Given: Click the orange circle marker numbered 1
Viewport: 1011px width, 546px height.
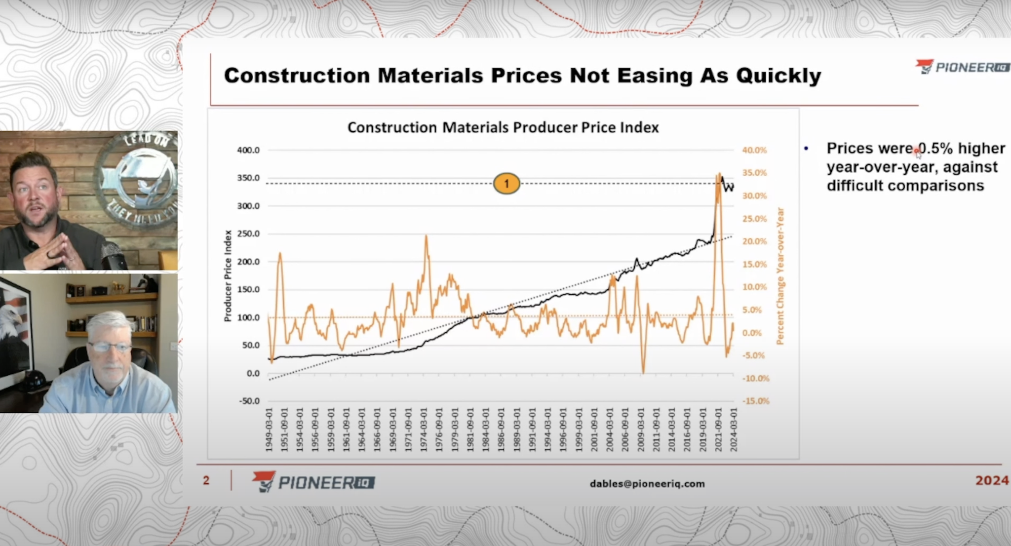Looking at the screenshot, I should click(506, 184).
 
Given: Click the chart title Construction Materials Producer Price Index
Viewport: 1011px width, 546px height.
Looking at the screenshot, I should click(503, 128).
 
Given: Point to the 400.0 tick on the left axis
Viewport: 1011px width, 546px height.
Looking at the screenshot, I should click(248, 150).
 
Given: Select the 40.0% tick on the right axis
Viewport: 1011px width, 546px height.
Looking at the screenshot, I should click(754, 150).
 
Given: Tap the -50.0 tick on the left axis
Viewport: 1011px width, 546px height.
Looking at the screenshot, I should click(249, 401).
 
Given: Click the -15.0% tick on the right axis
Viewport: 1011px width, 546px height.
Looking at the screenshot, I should click(756, 401).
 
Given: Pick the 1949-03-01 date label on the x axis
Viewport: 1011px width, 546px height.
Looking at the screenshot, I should click(269, 429).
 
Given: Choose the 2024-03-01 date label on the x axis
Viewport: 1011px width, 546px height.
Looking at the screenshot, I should click(734, 429).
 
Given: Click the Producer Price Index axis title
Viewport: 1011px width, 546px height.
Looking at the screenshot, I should click(228, 276).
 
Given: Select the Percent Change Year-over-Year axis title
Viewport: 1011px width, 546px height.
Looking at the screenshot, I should click(780, 276).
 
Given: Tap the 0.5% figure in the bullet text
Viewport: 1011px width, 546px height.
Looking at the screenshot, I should click(935, 149).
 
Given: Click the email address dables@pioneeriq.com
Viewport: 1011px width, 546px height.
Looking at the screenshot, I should click(647, 484).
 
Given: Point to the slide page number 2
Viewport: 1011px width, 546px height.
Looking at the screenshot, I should click(206, 481).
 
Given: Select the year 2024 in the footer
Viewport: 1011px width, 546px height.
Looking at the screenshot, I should click(992, 481).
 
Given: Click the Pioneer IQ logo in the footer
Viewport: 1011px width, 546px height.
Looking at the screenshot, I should click(313, 482).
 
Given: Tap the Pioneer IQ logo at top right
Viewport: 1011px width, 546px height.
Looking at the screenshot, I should click(962, 68).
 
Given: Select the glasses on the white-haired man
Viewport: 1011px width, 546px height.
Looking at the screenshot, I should click(110, 347).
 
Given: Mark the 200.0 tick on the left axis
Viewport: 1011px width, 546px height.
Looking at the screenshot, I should click(248, 262).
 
